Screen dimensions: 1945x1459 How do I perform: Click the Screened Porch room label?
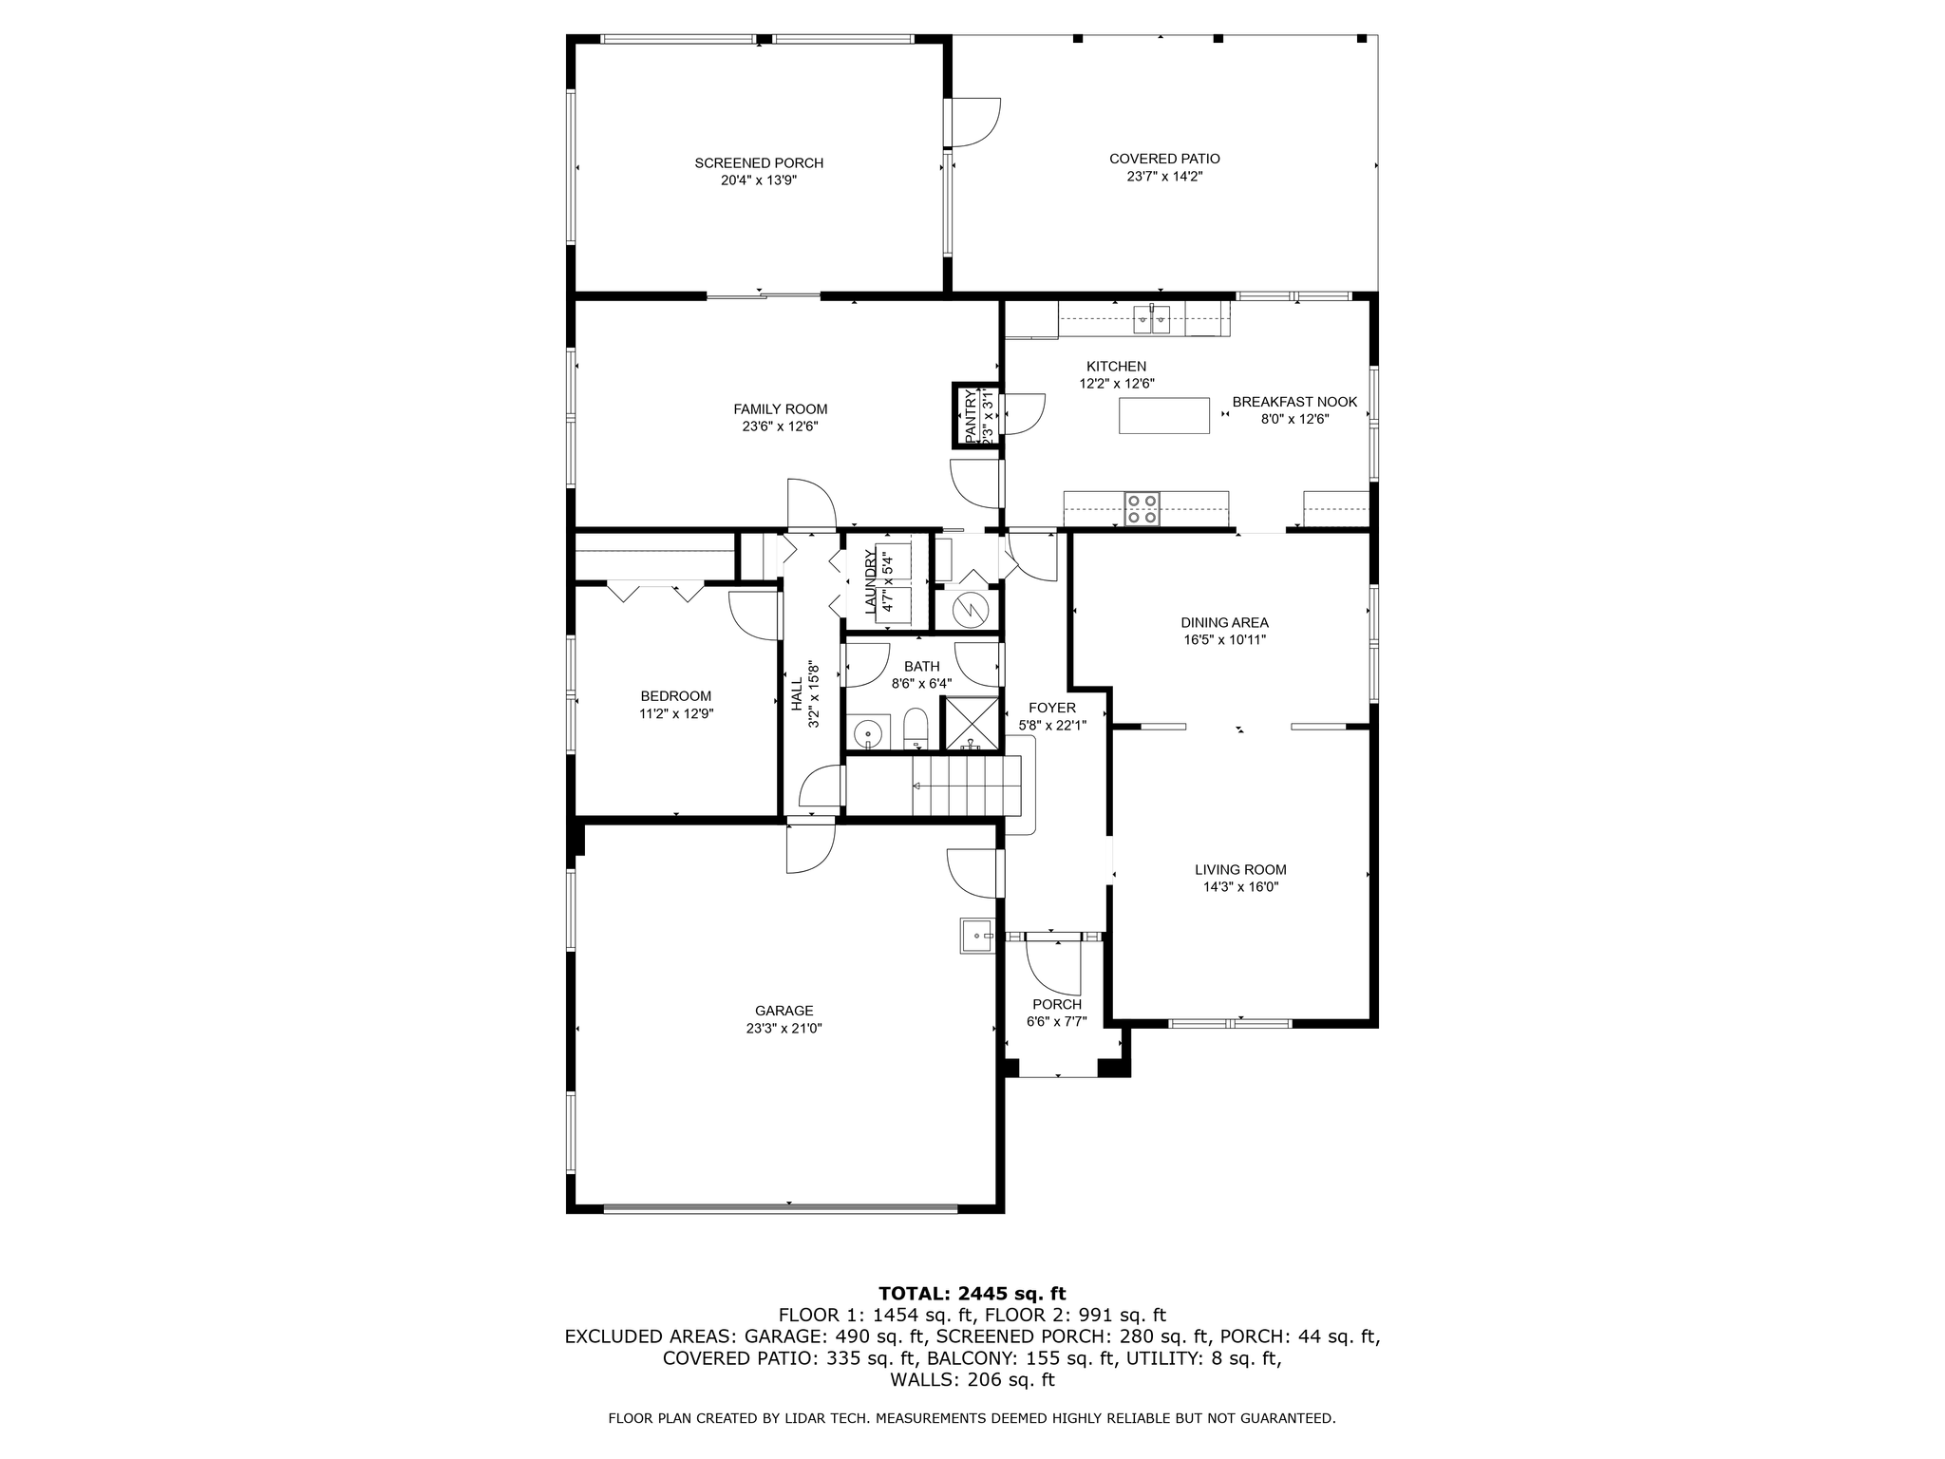(x=759, y=163)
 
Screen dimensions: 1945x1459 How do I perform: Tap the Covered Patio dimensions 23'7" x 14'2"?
(x=1164, y=177)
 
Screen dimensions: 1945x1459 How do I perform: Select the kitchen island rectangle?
(x=1163, y=416)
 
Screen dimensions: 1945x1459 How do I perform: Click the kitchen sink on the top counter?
(x=1152, y=319)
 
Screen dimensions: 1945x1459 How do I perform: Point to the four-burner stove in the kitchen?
(x=1142, y=508)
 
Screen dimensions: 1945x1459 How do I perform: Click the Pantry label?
(x=971, y=415)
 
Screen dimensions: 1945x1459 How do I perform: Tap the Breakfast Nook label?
(x=1294, y=402)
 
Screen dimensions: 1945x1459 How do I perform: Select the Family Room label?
(x=780, y=409)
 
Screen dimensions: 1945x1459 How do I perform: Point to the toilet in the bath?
(x=915, y=729)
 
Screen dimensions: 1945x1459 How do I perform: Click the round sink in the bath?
(x=868, y=734)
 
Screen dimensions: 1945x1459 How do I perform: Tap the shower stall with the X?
(x=970, y=724)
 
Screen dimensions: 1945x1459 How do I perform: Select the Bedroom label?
(x=675, y=696)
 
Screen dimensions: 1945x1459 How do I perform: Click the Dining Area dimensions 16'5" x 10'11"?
(x=1224, y=640)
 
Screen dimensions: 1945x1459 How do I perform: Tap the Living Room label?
(x=1240, y=869)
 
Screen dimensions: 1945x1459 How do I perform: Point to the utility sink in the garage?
(x=976, y=936)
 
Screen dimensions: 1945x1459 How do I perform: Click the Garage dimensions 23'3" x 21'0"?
(x=784, y=1028)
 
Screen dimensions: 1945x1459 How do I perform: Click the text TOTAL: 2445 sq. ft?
(x=972, y=1293)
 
